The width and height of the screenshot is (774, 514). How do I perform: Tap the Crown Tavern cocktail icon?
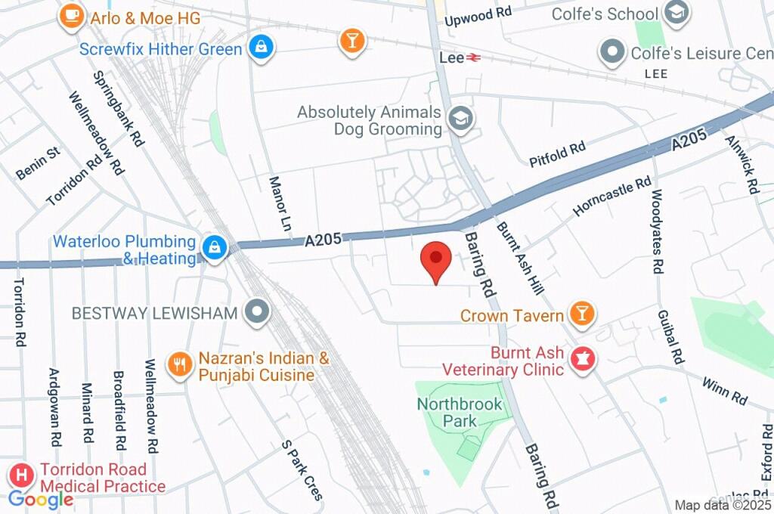tap(582, 313)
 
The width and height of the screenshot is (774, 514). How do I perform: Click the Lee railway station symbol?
tap(474, 57)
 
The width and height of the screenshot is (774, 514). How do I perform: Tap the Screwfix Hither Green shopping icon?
tap(261, 48)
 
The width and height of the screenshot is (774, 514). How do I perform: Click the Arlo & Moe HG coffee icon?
tap(71, 17)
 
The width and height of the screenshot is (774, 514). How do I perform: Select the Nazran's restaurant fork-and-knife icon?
tap(179, 365)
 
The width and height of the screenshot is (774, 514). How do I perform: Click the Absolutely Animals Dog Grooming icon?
tap(458, 119)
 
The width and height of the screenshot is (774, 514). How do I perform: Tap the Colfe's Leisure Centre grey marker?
tap(610, 52)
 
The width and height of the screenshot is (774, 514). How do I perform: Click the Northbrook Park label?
tap(460, 412)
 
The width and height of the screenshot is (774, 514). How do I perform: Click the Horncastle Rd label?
tap(612, 197)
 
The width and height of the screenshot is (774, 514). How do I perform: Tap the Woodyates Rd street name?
tap(656, 231)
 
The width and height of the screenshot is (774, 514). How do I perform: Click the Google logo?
tap(41, 499)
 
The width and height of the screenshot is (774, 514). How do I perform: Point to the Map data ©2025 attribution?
tap(723, 505)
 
